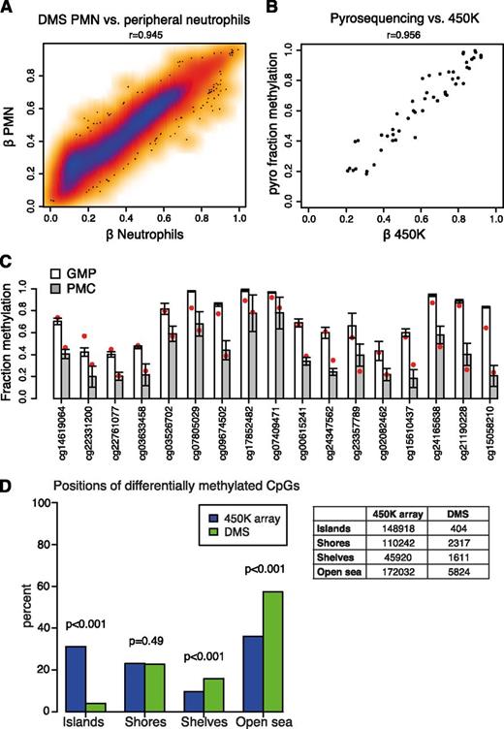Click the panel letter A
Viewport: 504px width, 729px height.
(x=8, y=9)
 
